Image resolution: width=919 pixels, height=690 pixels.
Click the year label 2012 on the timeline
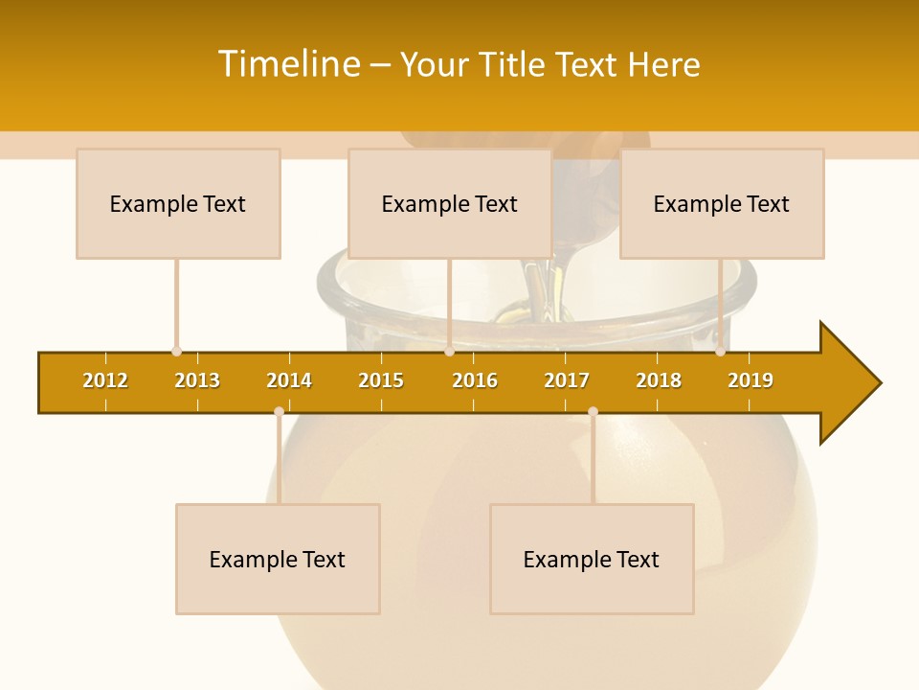[105, 380]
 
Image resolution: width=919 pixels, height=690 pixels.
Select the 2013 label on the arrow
[197, 380]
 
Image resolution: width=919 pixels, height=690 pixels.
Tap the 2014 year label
[289, 380]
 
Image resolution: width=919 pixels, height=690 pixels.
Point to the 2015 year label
[381, 380]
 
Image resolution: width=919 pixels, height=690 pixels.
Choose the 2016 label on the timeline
[475, 380]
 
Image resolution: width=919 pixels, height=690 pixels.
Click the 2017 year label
[567, 380]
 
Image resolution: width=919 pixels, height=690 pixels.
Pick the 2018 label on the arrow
[659, 380]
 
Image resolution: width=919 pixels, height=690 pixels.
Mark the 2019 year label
[751, 380]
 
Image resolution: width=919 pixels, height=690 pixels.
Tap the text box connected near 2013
[178, 203]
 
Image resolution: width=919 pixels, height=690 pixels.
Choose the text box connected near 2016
[450, 203]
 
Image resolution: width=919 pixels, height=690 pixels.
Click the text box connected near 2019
[722, 203]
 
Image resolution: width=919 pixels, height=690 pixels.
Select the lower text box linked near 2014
[278, 559]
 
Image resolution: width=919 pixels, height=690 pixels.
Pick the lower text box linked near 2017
[592, 559]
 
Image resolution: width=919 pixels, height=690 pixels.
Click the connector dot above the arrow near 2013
[176, 352]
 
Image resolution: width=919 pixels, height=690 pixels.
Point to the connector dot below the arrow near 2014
[279, 411]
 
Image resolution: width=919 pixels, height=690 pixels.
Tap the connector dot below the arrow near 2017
[593, 411]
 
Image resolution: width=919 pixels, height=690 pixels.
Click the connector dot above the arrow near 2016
[449, 352]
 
